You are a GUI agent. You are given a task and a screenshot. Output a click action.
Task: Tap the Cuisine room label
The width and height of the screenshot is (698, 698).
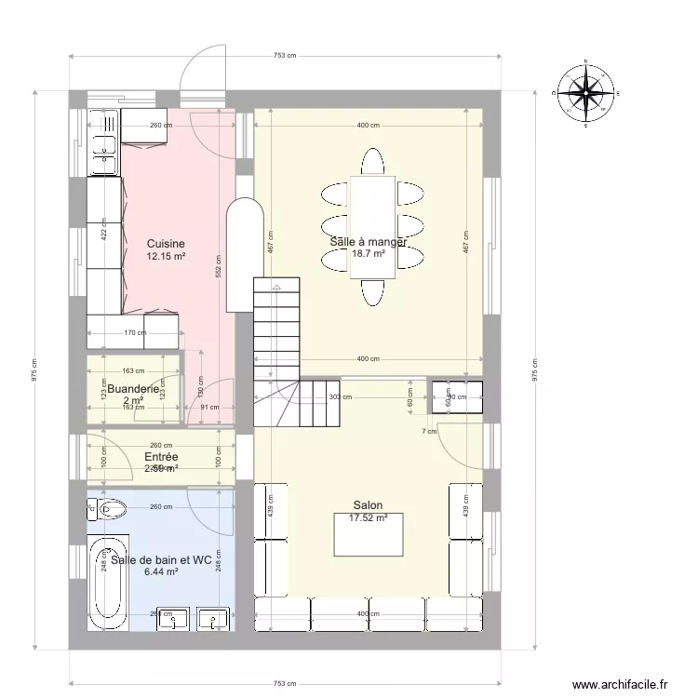pyautogui.click(x=166, y=244)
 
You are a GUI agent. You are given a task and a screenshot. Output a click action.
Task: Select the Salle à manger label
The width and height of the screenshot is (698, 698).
pyautogui.click(x=369, y=242)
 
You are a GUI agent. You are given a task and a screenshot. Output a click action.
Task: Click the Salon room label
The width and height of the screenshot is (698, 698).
pyautogui.click(x=368, y=506)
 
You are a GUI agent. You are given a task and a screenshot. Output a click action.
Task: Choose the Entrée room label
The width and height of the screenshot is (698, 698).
pyautogui.click(x=161, y=457)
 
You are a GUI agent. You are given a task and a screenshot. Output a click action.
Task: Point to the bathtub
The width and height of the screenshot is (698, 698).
pyautogui.click(x=107, y=584)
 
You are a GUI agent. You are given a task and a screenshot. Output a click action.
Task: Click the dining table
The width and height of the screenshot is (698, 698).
pyautogui.click(x=372, y=226)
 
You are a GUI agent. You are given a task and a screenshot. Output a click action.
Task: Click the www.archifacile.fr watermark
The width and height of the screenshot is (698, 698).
pyautogui.click(x=619, y=684)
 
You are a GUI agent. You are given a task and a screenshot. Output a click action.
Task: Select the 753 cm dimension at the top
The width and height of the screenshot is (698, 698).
pyautogui.click(x=285, y=55)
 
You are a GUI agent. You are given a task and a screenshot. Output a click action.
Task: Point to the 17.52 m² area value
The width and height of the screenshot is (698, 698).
pyautogui.click(x=368, y=518)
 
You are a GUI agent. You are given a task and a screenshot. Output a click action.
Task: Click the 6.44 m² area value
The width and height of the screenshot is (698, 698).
pyautogui.click(x=161, y=572)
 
